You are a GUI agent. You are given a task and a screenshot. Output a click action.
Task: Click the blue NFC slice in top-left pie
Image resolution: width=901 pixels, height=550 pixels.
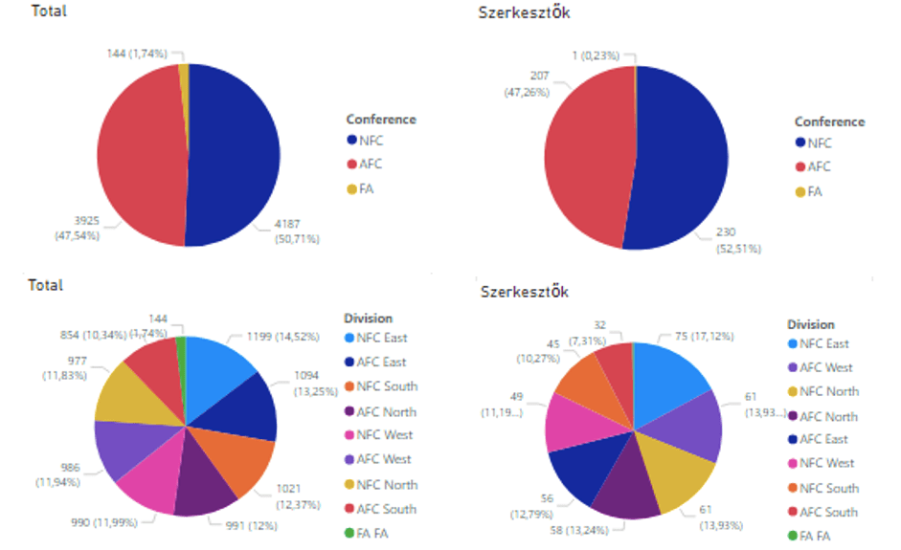tap(235, 153)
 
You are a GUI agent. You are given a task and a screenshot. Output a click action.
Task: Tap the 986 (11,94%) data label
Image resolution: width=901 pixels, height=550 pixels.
tap(58, 473)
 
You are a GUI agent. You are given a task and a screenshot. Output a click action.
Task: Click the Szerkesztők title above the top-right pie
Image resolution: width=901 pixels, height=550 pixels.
tap(524, 12)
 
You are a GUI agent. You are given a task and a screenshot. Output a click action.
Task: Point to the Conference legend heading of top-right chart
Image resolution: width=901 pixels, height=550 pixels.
tap(829, 121)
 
